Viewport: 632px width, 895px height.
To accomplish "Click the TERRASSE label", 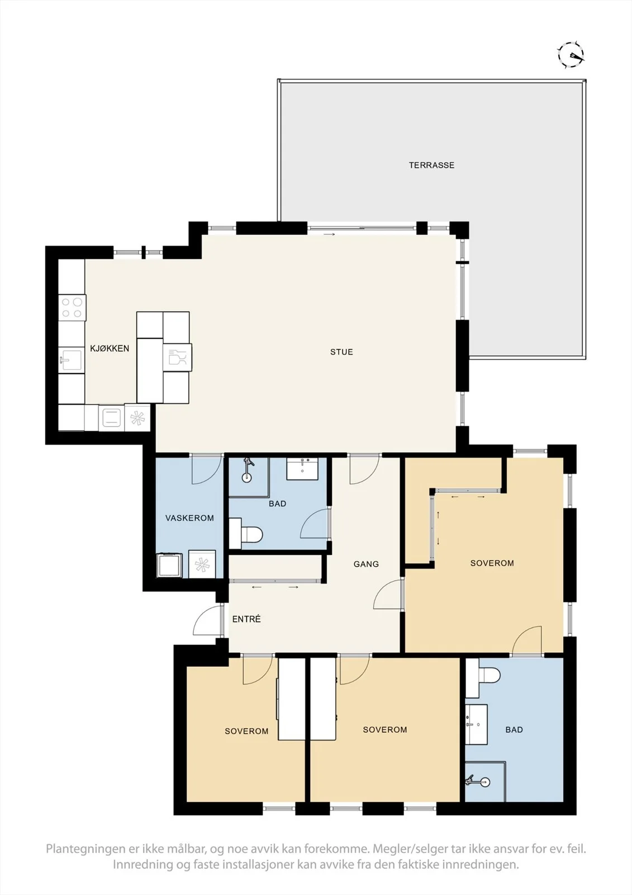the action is pyautogui.click(x=431, y=165).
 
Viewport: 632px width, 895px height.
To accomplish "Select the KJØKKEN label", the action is pyautogui.click(x=110, y=348).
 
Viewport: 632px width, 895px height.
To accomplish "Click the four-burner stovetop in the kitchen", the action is pyautogui.click(x=72, y=308).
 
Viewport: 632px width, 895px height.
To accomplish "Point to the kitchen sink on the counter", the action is pyautogui.click(x=70, y=359).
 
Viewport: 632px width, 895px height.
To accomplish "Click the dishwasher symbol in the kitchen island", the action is pyautogui.click(x=177, y=357).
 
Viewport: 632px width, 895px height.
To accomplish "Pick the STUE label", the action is pyautogui.click(x=341, y=352).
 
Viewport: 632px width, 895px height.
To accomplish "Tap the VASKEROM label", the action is pyautogui.click(x=189, y=518).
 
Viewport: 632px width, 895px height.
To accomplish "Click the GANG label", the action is pyautogui.click(x=366, y=564).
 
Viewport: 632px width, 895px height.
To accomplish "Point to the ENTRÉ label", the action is pyautogui.click(x=246, y=619).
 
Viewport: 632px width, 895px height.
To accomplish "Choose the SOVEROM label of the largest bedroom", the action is pyautogui.click(x=492, y=563).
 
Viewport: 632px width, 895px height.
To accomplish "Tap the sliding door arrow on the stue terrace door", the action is pyautogui.click(x=329, y=234).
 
